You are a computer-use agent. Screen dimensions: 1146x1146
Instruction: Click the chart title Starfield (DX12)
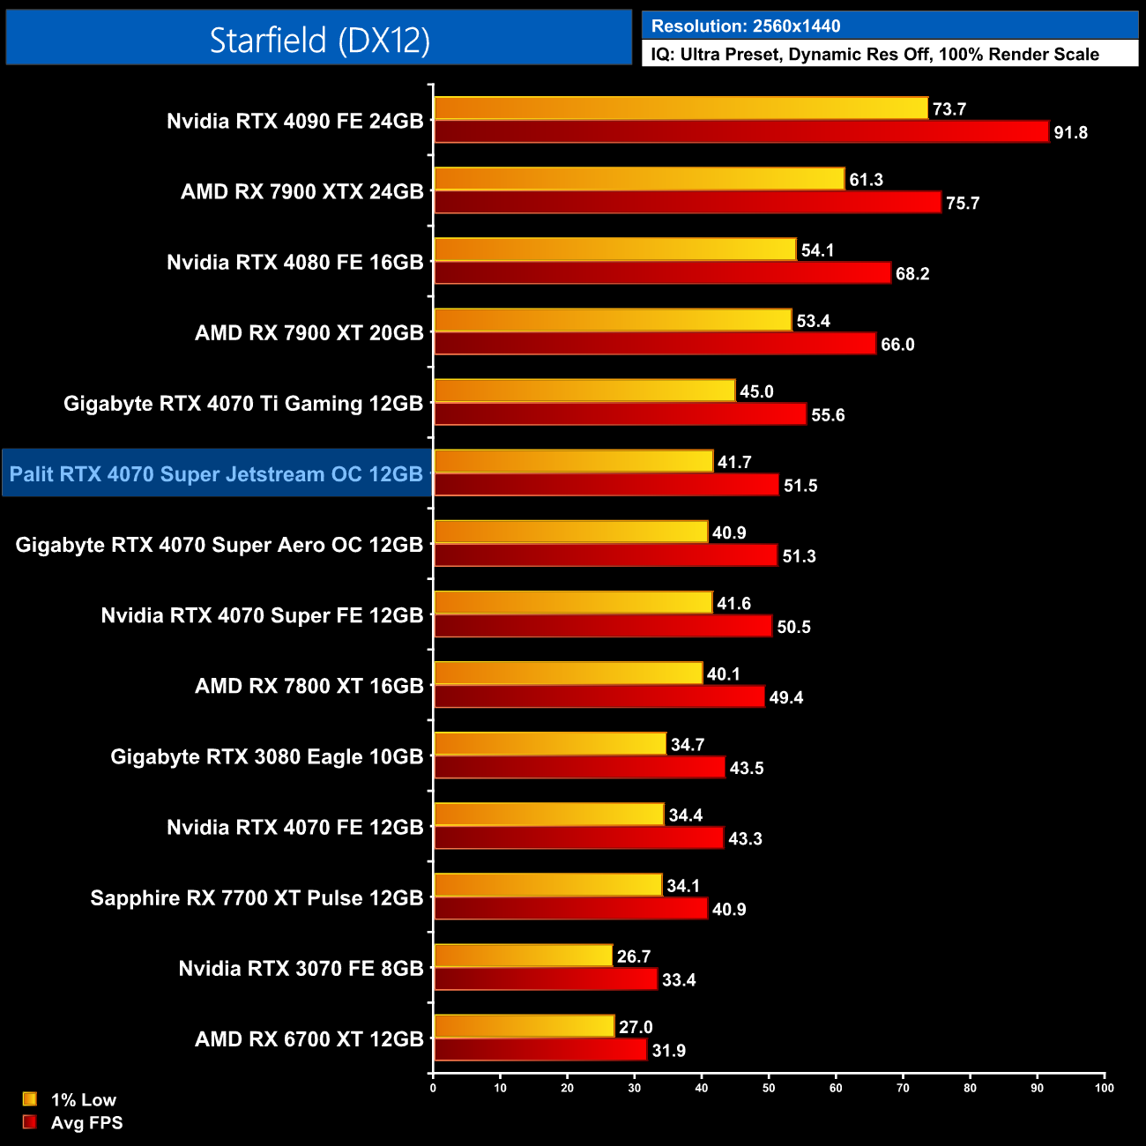[x=319, y=40]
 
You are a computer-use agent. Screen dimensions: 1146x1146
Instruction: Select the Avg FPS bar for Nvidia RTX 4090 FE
[x=741, y=132]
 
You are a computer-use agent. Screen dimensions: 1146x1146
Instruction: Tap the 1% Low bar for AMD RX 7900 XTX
[x=639, y=179]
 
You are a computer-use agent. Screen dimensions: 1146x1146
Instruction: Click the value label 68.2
[x=912, y=274]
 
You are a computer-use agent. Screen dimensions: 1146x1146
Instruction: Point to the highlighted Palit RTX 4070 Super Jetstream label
[x=217, y=474]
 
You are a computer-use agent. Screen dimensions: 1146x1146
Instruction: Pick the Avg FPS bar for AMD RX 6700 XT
[x=540, y=1050]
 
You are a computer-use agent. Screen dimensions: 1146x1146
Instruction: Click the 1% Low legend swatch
[x=30, y=1099]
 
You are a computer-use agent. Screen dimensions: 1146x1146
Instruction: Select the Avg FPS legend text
[x=86, y=1123]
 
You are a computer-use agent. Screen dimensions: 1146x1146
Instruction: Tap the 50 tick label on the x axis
[x=769, y=1088]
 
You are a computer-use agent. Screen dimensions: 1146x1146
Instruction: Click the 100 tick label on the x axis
[x=1104, y=1088]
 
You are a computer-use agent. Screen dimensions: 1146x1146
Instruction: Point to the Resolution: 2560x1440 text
[x=746, y=26]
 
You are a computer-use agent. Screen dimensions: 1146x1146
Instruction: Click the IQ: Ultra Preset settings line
[x=874, y=55]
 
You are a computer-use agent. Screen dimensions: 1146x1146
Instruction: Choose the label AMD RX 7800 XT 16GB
[x=309, y=686]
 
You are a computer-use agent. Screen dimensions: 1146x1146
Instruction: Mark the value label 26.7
[x=634, y=956]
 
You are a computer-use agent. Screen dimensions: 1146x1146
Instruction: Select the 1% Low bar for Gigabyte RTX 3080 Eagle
[x=550, y=744]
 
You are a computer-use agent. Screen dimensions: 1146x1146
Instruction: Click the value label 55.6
[x=828, y=415]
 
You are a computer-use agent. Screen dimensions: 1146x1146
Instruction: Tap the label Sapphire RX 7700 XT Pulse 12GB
[x=257, y=898]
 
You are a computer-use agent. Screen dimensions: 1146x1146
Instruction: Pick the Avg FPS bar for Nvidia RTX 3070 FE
[x=546, y=979]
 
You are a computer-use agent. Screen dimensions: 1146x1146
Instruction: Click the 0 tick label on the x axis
[x=433, y=1088]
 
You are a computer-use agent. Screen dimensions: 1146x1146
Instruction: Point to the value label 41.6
[x=733, y=604]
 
